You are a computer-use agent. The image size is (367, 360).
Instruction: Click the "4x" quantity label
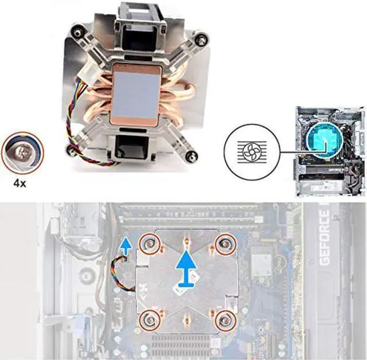[x=20, y=183]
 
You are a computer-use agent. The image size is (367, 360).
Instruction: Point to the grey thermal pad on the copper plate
[x=136, y=95]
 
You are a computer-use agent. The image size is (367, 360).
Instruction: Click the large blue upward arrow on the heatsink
[x=186, y=268]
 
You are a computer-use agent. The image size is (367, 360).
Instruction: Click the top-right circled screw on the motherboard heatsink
[x=225, y=245]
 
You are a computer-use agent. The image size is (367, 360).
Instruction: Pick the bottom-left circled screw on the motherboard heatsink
[x=150, y=319]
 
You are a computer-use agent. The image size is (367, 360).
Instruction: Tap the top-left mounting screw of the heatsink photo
[x=76, y=33]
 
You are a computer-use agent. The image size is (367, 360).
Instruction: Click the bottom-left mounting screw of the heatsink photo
[x=71, y=150]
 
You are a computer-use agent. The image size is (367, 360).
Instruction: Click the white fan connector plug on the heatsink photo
[x=89, y=75]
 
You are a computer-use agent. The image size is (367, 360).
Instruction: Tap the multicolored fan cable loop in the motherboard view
[x=122, y=273]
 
